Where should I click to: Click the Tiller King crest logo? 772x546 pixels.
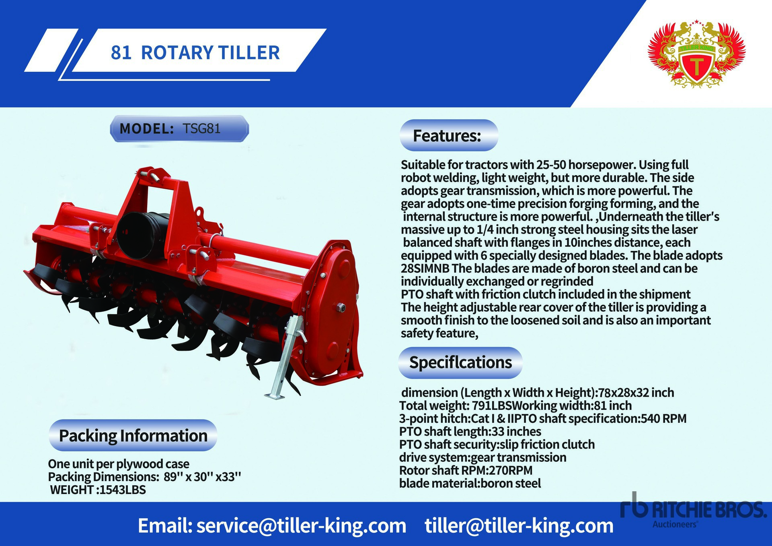[x=696, y=54]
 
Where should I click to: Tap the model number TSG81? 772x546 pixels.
[x=201, y=128]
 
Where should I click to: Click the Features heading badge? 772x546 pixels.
[x=449, y=136]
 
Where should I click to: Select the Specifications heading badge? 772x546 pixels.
[x=460, y=362]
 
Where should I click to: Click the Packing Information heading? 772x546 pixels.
[x=133, y=436]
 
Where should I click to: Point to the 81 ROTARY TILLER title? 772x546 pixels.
[x=195, y=53]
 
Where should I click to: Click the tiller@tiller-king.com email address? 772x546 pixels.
[x=519, y=526]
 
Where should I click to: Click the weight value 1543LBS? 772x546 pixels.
[x=123, y=490]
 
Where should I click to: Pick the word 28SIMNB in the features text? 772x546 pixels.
[x=425, y=269]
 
